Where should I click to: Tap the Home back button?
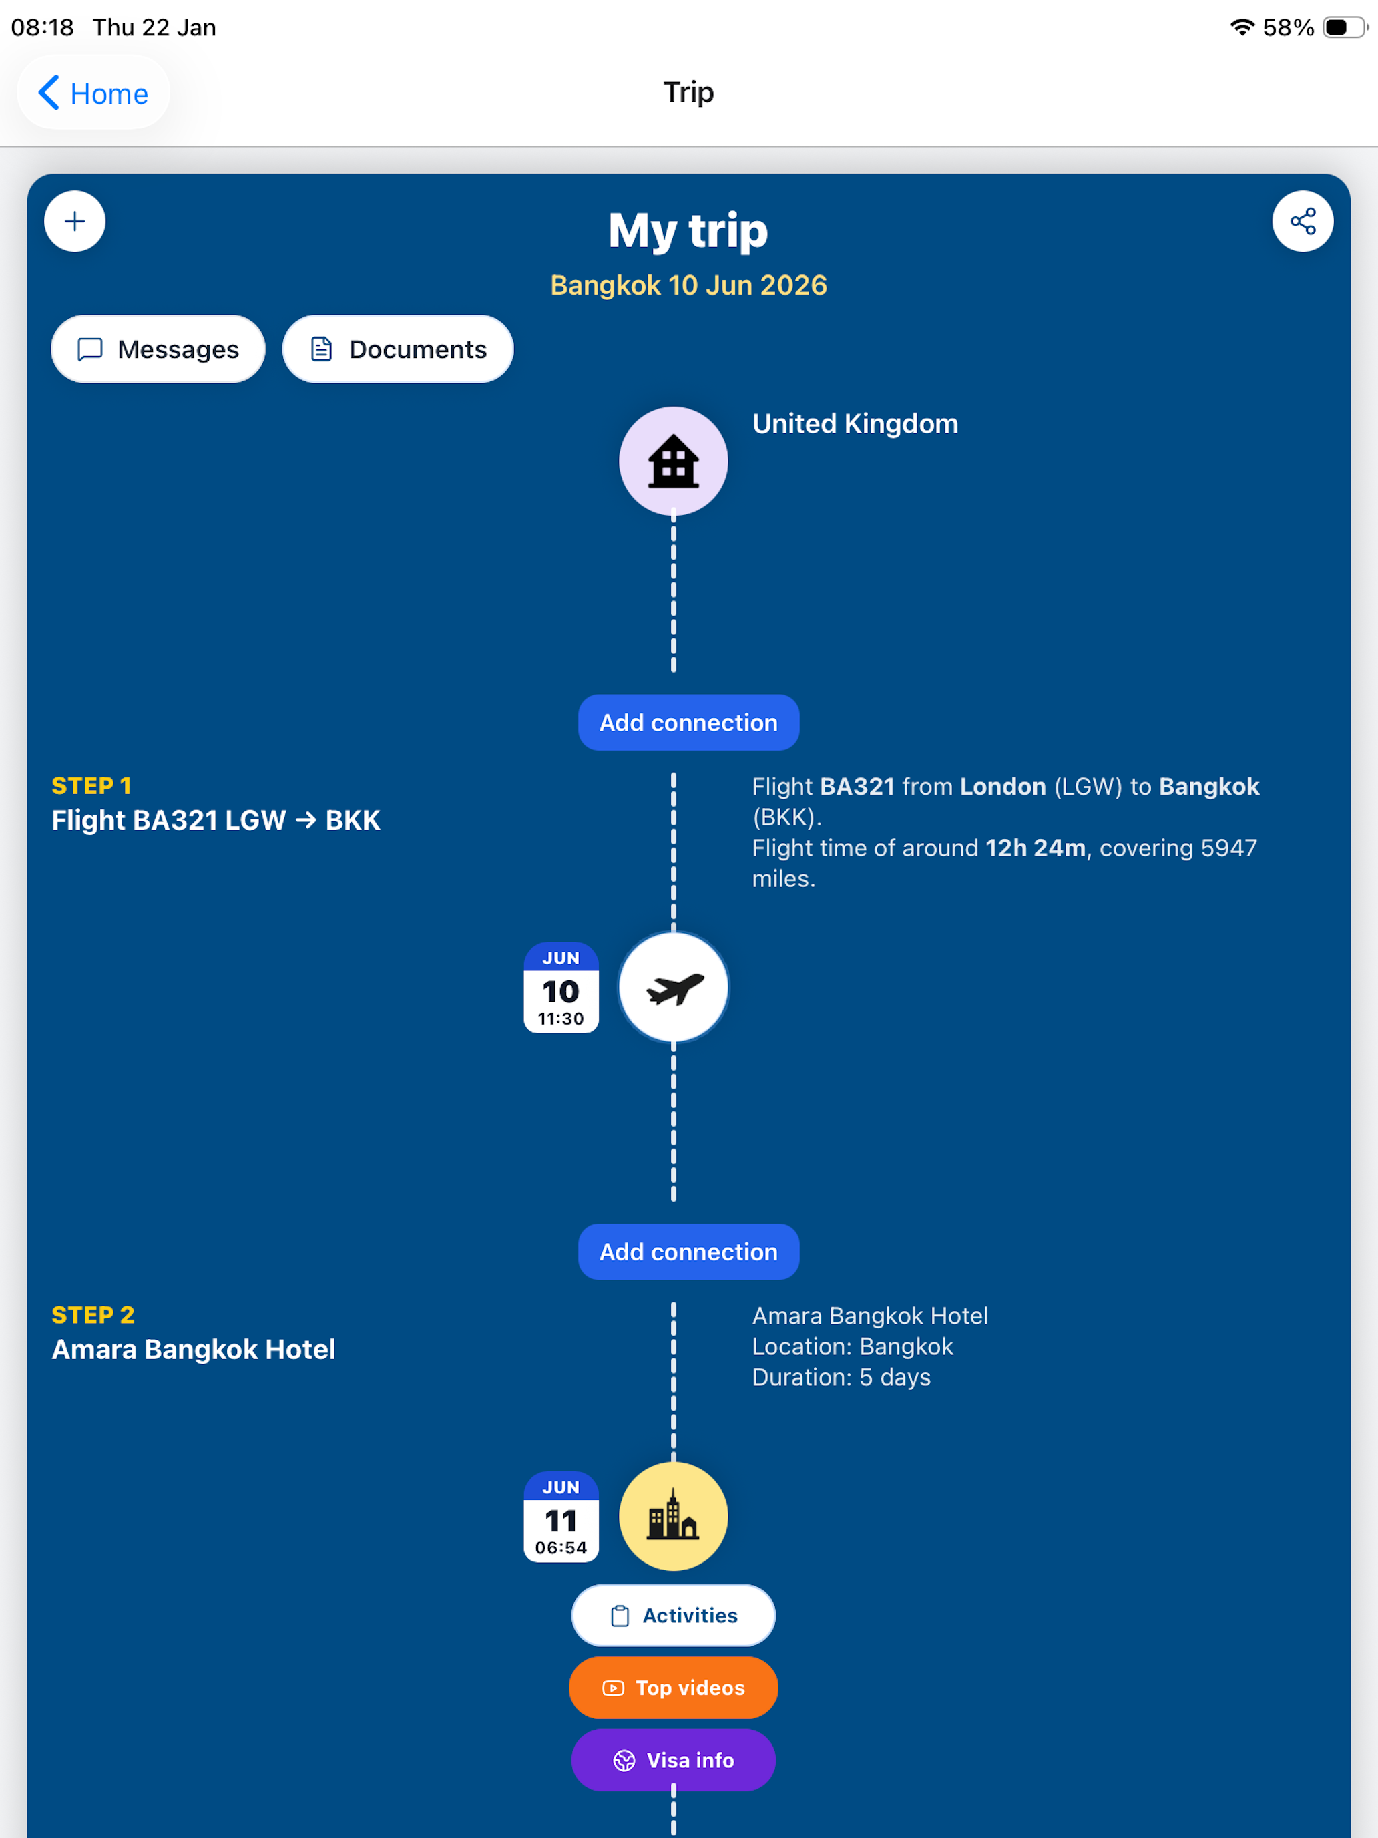click(x=93, y=93)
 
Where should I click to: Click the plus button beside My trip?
click(x=75, y=221)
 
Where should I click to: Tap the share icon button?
click(x=1303, y=221)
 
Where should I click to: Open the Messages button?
click(x=158, y=349)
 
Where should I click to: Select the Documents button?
click(x=398, y=349)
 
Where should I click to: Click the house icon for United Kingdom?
click(x=674, y=461)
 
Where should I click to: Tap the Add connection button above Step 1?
click(x=688, y=722)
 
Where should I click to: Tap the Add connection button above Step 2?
click(x=688, y=1252)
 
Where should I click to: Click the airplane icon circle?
click(x=674, y=987)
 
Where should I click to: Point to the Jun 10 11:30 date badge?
click(x=561, y=987)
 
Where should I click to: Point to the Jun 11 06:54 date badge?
click(x=561, y=1517)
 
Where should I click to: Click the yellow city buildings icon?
click(x=674, y=1517)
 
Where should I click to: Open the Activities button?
click(x=674, y=1616)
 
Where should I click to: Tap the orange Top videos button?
click(x=674, y=1688)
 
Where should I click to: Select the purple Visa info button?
click(x=674, y=1760)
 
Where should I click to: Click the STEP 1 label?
click(x=91, y=785)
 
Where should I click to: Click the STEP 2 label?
click(x=93, y=1314)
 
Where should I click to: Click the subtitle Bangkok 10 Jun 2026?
click(x=688, y=285)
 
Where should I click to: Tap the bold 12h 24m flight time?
click(x=1036, y=848)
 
